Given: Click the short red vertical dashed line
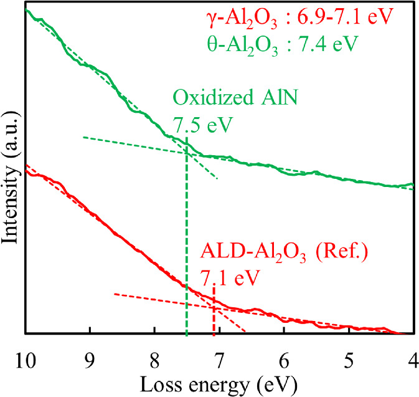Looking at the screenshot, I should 214,312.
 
